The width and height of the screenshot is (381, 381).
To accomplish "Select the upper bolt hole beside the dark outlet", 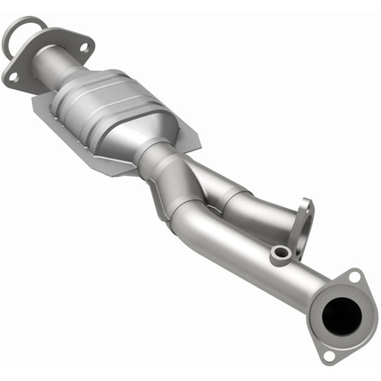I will (354, 278).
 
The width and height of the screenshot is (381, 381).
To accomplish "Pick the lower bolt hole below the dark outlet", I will (328, 354).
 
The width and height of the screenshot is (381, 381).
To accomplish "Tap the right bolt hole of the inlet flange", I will (83, 47).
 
